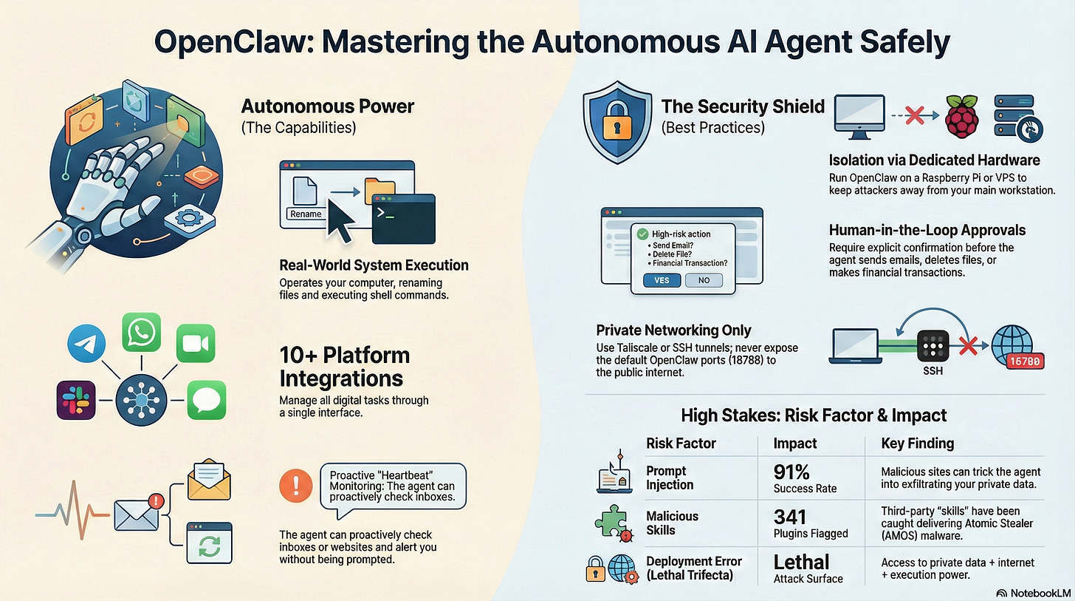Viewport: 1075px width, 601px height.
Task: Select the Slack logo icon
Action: (76, 400)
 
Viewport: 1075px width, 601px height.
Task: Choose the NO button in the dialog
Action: (704, 280)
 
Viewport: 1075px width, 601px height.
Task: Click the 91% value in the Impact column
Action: (793, 472)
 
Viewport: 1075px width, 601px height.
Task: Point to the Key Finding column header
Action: (918, 444)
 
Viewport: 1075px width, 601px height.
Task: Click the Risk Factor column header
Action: (681, 444)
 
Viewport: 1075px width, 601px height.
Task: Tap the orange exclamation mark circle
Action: (295, 486)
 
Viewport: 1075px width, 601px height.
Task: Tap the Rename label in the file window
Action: (306, 214)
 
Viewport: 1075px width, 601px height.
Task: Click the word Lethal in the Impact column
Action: (802, 562)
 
